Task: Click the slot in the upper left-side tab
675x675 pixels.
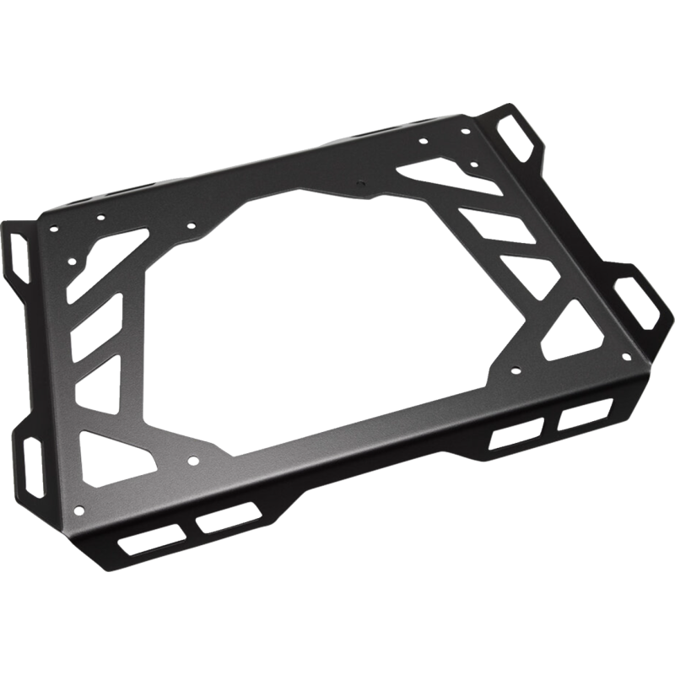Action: (x=20, y=253)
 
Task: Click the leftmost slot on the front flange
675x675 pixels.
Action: (x=152, y=540)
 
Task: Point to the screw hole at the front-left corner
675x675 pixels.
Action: (x=80, y=507)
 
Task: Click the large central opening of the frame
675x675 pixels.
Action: (x=337, y=321)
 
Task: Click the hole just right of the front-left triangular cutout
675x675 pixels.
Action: (x=192, y=461)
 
